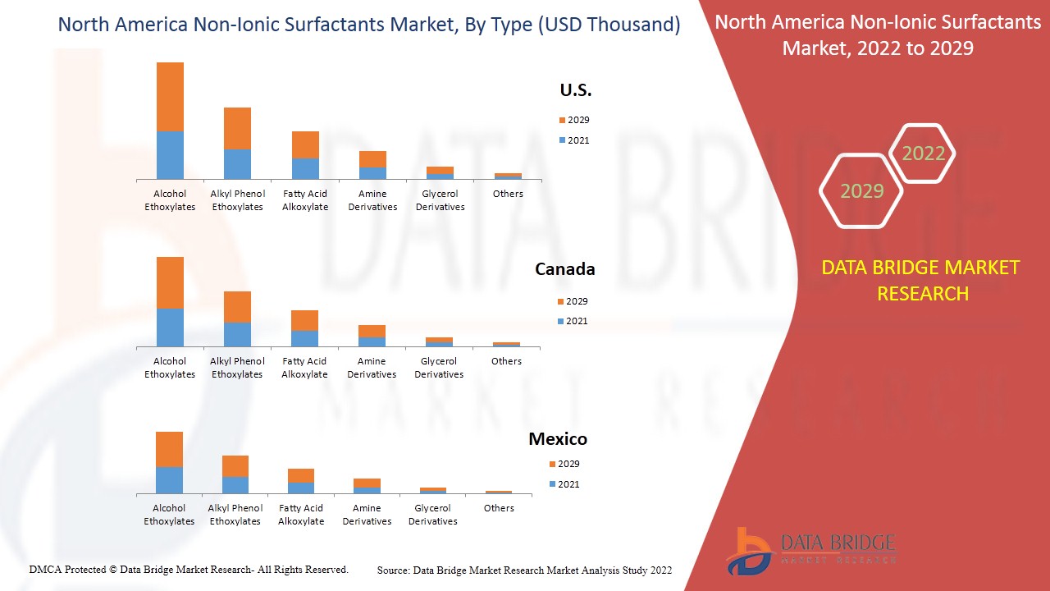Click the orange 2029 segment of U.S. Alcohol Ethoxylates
(x=170, y=97)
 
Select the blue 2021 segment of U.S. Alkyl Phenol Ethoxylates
(x=237, y=164)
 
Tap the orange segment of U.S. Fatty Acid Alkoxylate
(x=305, y=144)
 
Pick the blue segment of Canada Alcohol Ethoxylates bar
(x=170, y=328)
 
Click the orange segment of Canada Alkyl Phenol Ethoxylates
(x=237, y=307)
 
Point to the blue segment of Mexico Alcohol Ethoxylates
(x=169, y=480)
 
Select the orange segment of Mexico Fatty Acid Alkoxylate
(x=301, y=475)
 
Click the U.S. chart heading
(x=575, y=90)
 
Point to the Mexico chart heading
(x=558, y=439)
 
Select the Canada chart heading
(x=564, y=269)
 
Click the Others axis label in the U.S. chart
(x=508, y=194)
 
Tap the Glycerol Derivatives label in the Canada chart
(x=439, y=368)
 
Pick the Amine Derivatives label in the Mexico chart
(x=367, y=515)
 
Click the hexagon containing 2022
(x=923, y=153)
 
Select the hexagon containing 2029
(x=861, y=191)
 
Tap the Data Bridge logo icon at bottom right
(x=746, y=551)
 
